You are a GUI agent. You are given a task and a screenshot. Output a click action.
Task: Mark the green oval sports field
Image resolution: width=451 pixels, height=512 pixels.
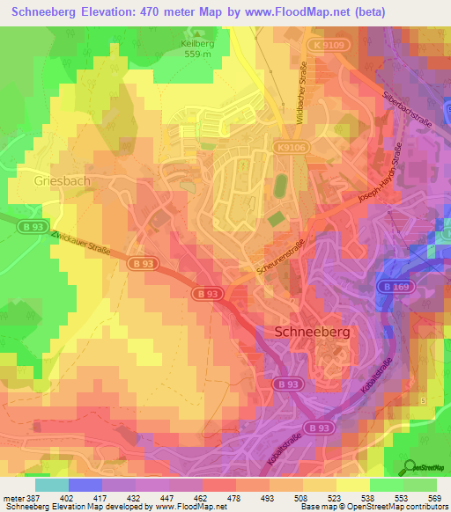coord(281,187)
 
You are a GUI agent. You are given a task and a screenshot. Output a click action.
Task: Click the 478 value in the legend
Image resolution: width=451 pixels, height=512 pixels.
coord(234,498)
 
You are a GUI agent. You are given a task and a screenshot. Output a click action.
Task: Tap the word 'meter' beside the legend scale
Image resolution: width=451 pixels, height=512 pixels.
coord(15,498)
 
